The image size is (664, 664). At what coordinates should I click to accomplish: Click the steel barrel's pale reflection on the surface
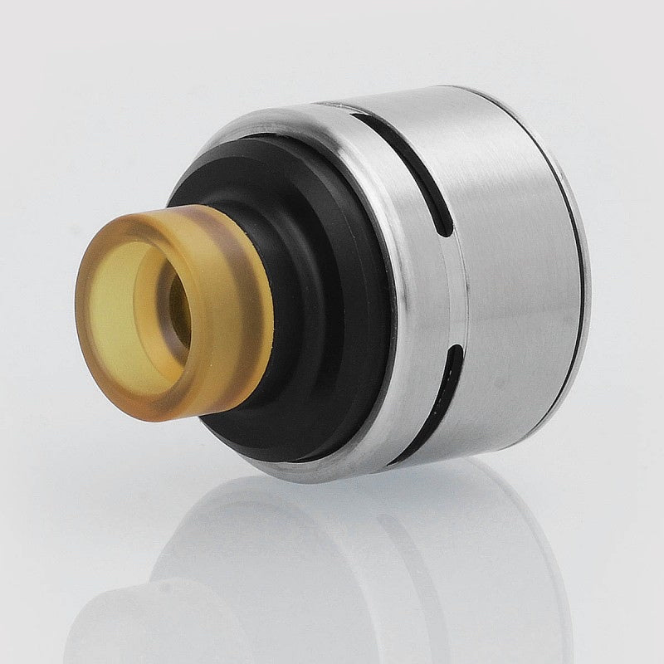coord(373,564)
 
